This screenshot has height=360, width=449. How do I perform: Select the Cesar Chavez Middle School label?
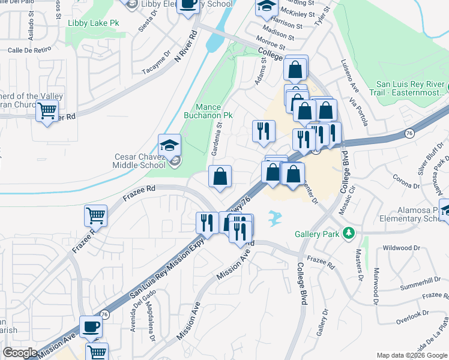(139, 161)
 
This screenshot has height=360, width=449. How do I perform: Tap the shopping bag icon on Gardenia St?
(220, 177)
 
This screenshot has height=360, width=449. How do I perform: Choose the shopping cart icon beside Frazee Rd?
(95, 215)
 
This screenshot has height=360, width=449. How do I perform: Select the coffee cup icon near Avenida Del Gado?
(91, 326)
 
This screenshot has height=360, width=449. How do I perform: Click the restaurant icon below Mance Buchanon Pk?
(263, 131)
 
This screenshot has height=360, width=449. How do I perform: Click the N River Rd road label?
(185, 47)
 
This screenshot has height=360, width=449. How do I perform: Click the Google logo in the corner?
(20, 352)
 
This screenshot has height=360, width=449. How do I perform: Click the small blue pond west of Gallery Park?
(276, 218)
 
